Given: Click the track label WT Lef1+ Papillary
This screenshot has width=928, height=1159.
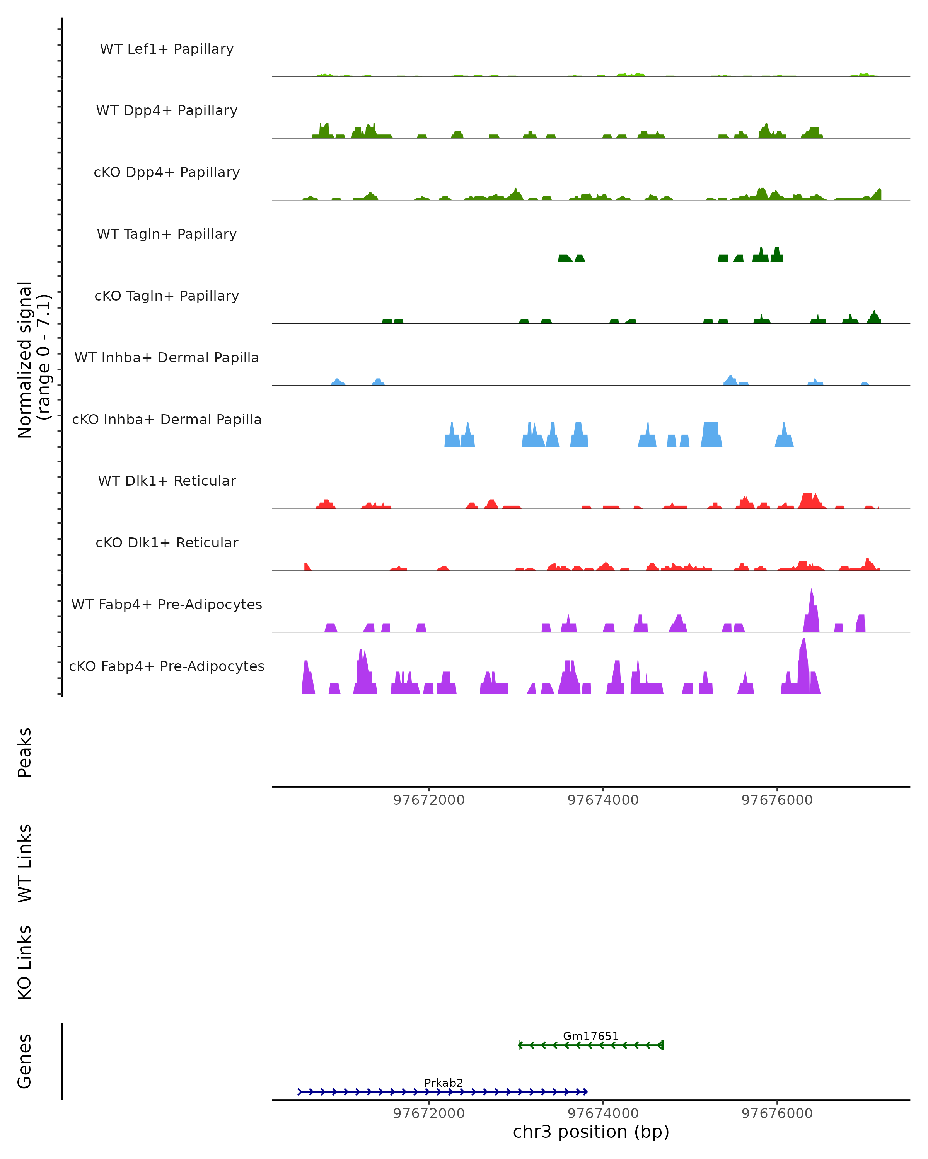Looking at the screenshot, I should coord(167,49).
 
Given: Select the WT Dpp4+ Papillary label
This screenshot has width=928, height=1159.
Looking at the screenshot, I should coord(167,111).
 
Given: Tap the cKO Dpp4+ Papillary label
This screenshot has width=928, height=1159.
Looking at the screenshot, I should coord(167,173).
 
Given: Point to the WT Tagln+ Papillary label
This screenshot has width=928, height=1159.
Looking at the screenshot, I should coord(167,235).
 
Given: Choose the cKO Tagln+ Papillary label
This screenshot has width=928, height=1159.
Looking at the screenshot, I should coord(167,296).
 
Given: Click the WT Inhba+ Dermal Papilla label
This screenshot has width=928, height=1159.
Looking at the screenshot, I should coord(167,358).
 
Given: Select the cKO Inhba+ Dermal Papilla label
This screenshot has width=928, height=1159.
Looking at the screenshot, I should coord(167,420).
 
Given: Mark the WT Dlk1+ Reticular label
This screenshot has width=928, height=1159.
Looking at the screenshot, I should coord(167,481).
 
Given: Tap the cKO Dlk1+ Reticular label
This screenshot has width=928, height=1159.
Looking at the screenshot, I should coord(167,543).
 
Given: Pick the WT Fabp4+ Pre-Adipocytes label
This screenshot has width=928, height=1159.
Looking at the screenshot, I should coord(167,605).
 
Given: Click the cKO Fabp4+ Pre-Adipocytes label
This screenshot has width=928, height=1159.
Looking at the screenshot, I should coord(167,666).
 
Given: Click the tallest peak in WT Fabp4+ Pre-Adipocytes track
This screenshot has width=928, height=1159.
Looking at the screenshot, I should coord(811,591).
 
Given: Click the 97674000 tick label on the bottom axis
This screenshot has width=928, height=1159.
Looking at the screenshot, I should coord(603,1113).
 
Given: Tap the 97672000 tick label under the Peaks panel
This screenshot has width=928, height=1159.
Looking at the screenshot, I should coord(429,800).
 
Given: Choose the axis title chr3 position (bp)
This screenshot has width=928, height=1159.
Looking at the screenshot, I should coord(591,1132).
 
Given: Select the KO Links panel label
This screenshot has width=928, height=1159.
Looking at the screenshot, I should coord(25,963).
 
